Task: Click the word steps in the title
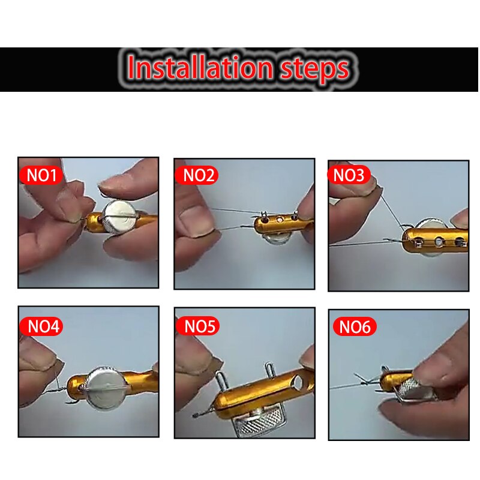314,69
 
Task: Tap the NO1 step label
41,175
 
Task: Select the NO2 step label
197,175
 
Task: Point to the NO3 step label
349,175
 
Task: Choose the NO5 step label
197,326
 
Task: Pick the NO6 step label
355,328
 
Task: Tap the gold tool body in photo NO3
438,240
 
